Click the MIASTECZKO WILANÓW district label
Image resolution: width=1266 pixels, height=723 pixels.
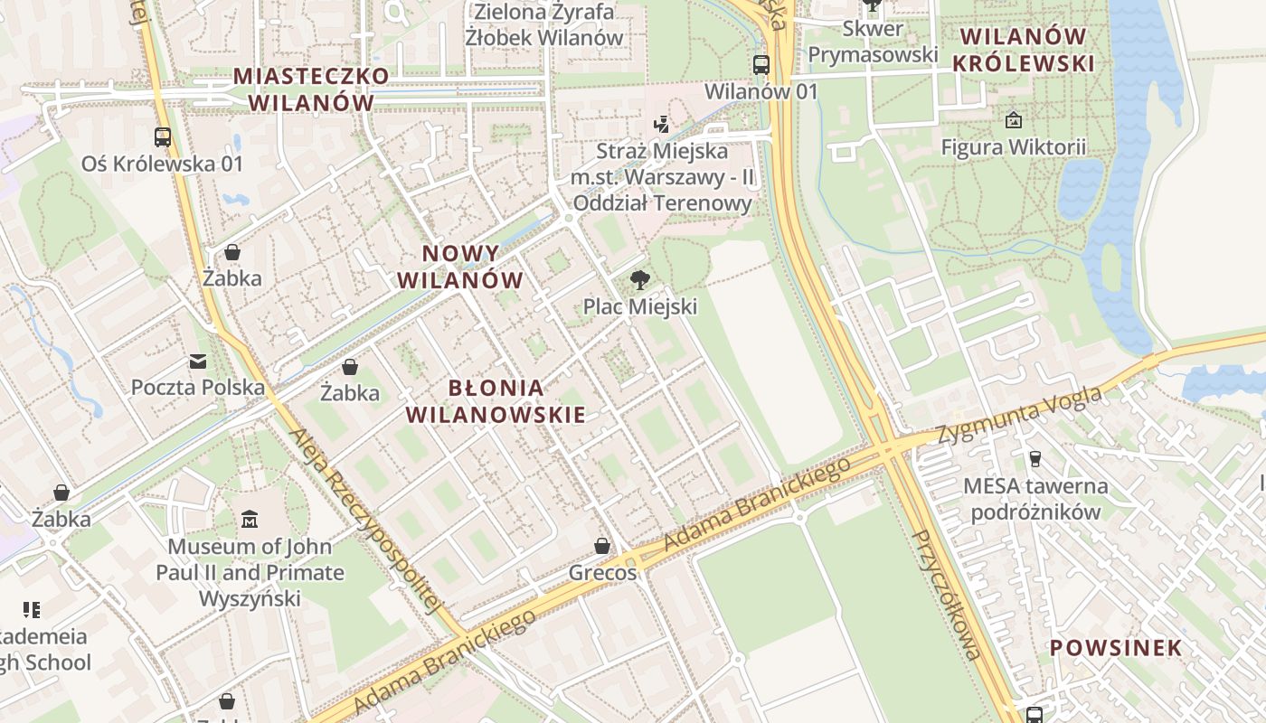tap(311, 89)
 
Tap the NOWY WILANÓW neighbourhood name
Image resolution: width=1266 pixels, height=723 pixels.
tap(460, 267)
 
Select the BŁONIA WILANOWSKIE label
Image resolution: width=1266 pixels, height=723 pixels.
tap(496, 401)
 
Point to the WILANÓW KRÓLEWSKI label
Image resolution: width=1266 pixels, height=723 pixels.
tap(1024, 50)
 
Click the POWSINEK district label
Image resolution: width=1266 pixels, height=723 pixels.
tap(1115, 647)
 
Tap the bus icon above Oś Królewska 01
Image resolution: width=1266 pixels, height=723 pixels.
tap(163, 137)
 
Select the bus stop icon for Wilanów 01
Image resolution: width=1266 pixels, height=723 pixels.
tap(761, 65)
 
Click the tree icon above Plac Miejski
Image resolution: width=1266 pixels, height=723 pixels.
tap(639, 280)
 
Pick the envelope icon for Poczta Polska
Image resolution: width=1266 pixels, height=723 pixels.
tap(198, 361)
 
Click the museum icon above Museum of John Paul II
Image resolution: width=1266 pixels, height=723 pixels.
tap(250, 520)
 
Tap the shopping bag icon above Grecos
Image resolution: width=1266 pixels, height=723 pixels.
tap(602, 546)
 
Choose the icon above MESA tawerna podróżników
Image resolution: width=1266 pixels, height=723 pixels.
tap(1035, 459)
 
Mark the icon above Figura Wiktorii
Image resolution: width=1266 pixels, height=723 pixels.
tap(1014, 119)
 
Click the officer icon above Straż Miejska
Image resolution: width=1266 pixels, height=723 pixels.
tap(663, 124)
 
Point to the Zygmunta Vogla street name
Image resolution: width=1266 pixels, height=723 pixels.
tap(1019, 416)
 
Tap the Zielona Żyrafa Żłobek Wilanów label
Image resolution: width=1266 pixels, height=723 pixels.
tap(544, 24)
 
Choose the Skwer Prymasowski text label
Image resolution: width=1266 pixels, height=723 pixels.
tap(873, 42)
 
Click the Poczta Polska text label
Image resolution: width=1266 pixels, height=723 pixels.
tap(198, 388)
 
